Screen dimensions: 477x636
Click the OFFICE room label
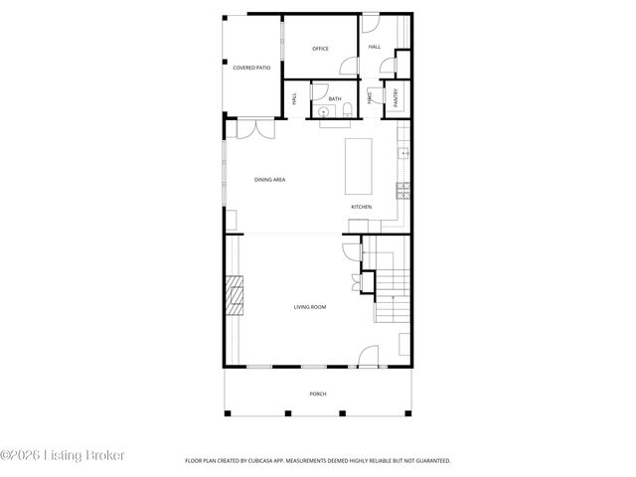click(320, 49)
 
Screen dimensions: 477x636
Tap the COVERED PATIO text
click(251, 68)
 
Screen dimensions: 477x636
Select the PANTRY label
click(397, 96)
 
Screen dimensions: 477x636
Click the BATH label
click(335, 98)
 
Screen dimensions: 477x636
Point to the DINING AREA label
click(269, 180)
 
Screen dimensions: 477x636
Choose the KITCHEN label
click(361, 207)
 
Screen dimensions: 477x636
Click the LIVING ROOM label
click(309, 307)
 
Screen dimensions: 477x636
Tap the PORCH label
click(317, 394)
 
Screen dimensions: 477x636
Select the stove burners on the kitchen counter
click(403, 188)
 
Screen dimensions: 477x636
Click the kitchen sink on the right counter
click(403, 154)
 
